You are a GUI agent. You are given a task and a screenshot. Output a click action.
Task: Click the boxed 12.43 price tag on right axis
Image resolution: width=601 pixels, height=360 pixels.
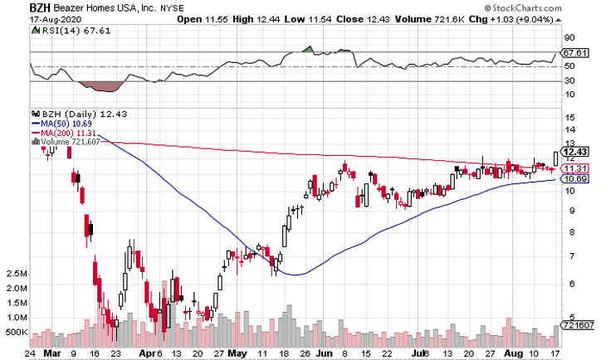(x=575, y=152)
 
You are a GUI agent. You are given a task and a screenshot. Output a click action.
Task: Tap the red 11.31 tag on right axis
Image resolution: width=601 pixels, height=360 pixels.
(x=575, y=168)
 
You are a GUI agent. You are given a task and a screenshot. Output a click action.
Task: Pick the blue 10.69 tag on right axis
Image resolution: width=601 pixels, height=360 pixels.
(x=575, y=178)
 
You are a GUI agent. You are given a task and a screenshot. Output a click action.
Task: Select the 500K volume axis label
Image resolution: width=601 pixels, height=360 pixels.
(x=18, y=332)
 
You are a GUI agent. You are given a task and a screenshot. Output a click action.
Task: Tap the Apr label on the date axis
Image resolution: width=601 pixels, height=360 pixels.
(x=147, y=352)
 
